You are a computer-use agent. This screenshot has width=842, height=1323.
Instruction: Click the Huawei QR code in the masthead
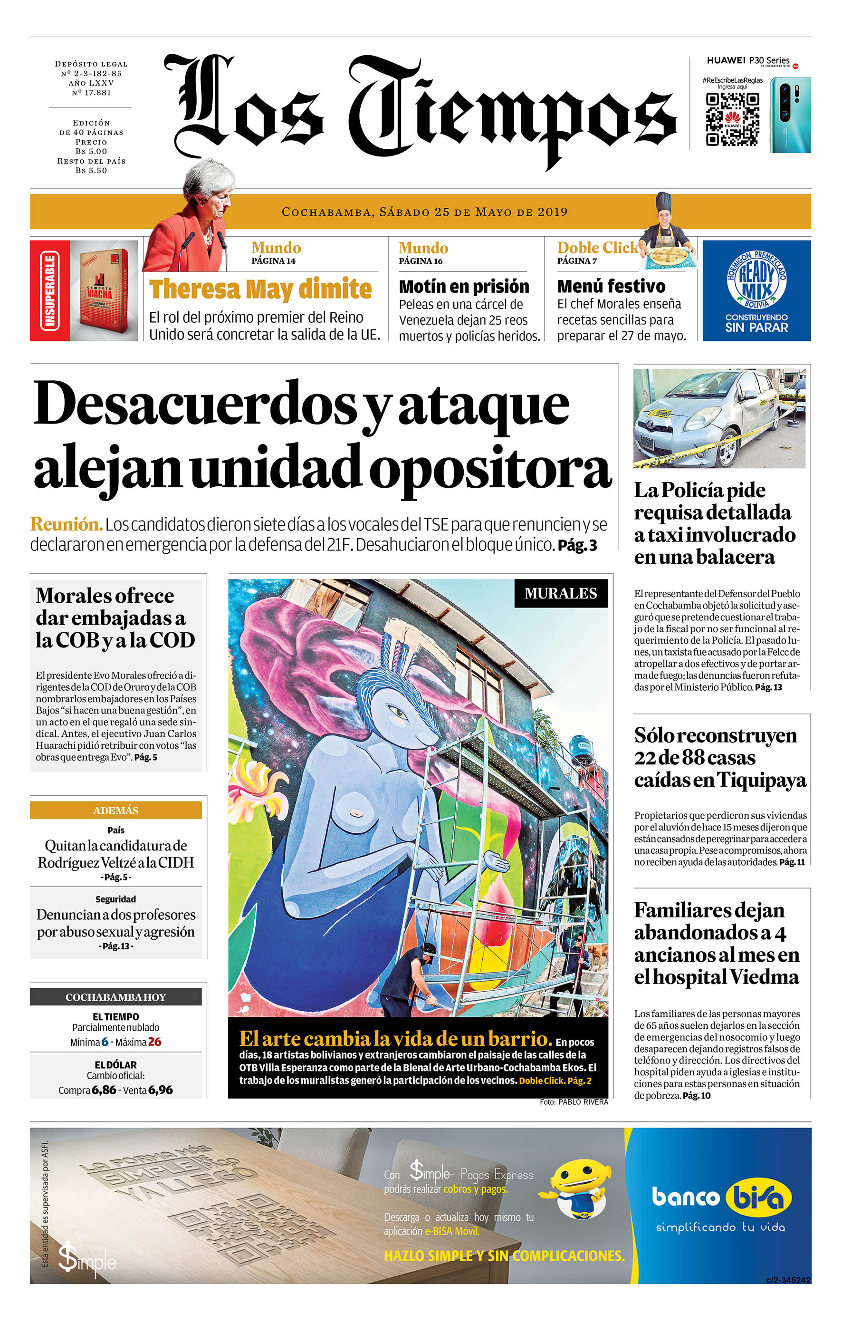[x=732, y=119]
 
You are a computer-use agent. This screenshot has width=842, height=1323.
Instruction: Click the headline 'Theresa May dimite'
[x=260, y=289]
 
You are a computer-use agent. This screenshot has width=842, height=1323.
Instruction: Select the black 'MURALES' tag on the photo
[x=560, y=593]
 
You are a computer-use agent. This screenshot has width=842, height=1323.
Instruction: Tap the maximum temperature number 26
[x=155, y=1042]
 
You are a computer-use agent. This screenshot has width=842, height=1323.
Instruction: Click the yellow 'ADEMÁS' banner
[x=115, y=810]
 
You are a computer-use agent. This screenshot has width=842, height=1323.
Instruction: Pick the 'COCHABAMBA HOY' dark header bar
[x=115, y=996]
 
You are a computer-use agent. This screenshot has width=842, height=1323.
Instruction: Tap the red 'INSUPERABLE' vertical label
[x=49, y=290]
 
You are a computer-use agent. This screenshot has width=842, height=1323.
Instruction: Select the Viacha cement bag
[x=105, y=290]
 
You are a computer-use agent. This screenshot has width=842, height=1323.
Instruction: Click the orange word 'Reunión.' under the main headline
[x=67, y=524]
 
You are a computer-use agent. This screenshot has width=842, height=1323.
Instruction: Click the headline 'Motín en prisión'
[x=464, y=286]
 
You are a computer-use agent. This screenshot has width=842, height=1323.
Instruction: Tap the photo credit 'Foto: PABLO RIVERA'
[x=574, y=1101]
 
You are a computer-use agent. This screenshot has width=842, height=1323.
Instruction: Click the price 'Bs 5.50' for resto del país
[x=91, y=170]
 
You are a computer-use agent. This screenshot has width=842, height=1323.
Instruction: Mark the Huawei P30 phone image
[x=789, y=116]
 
